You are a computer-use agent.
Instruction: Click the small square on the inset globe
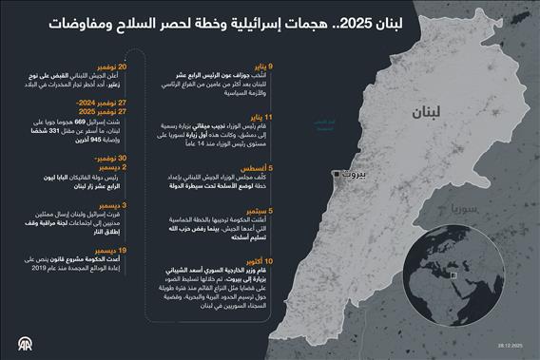pyautogui.click(x=457, y=276)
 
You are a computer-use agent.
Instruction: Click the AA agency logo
pyautogui.click(x=18, y=343)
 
